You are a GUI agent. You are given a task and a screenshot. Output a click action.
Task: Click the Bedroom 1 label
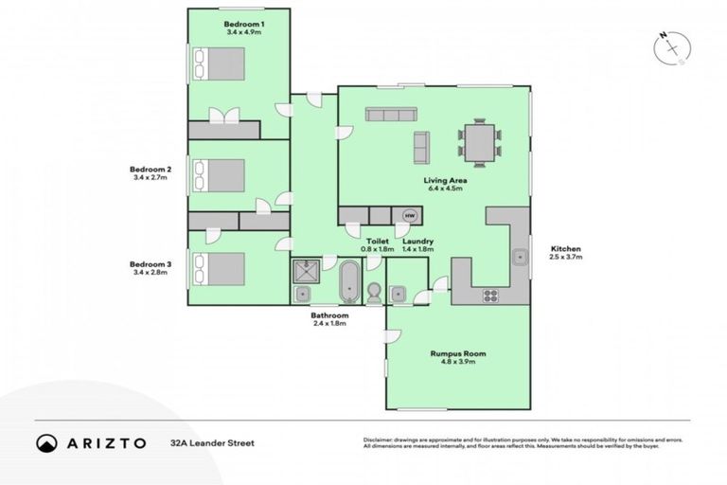pos(243,23)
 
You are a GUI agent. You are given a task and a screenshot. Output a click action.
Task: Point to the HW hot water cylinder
pos(410,215)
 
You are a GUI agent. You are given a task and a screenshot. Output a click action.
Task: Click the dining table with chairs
pos(480,143)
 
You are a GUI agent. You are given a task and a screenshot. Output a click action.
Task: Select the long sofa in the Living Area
pos(391,115)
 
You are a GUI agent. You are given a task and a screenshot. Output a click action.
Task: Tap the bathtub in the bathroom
pos(348,281)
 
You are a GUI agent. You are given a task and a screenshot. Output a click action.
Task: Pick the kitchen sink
pos(520,256)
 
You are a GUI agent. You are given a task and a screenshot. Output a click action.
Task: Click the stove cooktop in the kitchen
pos(490,295)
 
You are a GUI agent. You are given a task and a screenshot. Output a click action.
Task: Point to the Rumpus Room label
pos(458,353)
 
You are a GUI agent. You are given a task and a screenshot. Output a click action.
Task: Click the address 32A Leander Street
pos(212,442)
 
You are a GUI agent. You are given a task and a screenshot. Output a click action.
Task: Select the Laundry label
pos(417,242)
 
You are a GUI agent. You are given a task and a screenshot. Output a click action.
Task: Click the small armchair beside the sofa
pos(421,146)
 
